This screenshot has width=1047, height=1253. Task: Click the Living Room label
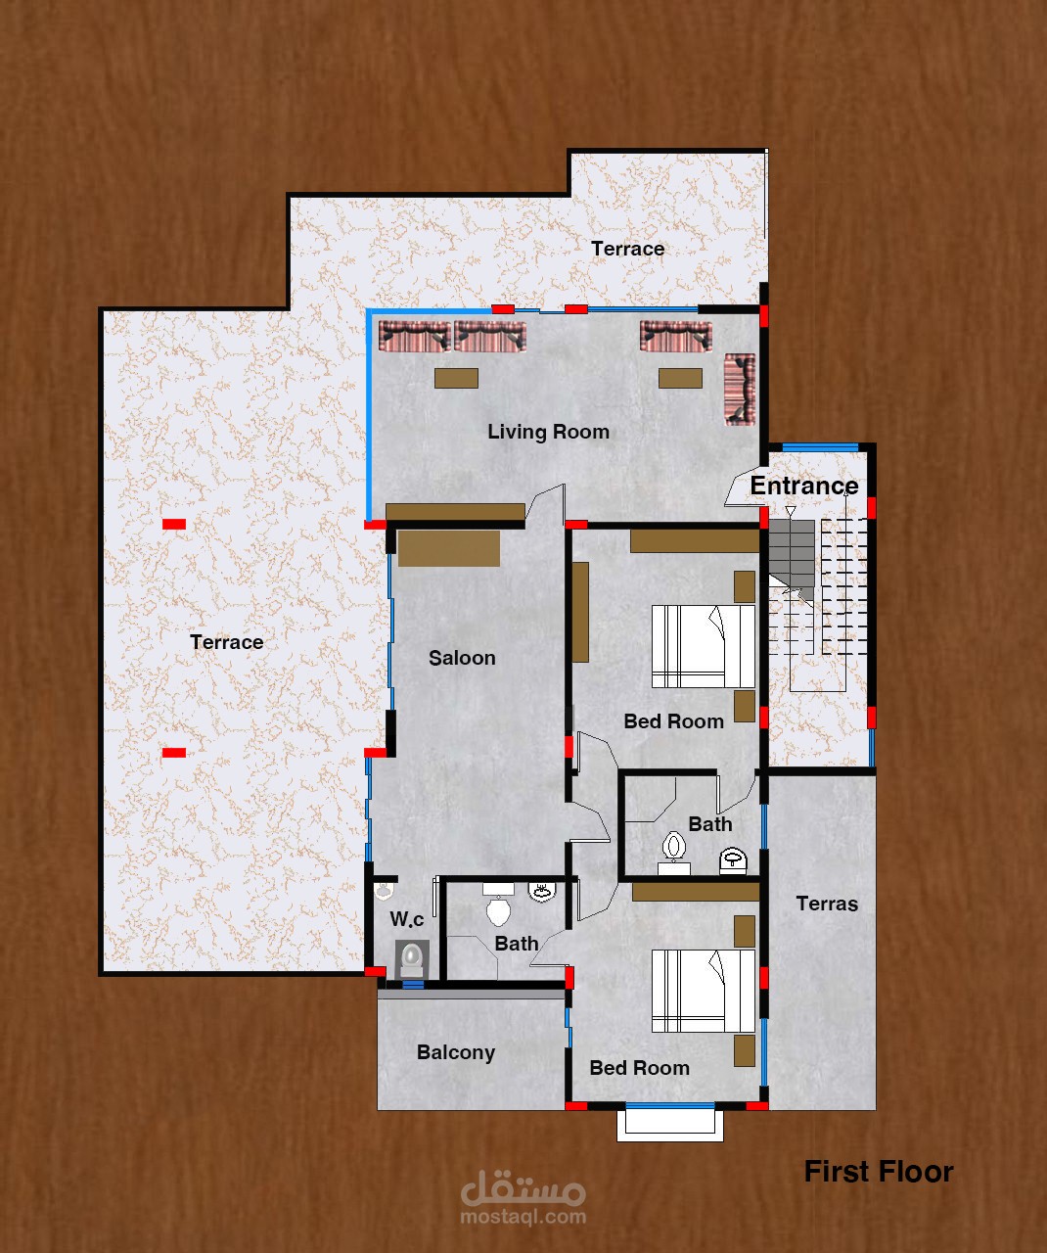tap(548, 432)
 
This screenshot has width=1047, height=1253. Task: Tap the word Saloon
tap(462, 658)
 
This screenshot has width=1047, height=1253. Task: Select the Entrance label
tap(804, 486)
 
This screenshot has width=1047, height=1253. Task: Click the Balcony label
tap(456, 1052)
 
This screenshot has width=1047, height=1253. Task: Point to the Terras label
tap(827, 904)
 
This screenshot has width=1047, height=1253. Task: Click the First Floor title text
tap(879, 1172)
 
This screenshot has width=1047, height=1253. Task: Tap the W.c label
tap(407, 919)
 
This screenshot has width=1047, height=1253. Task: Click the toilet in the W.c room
tap(412, 958)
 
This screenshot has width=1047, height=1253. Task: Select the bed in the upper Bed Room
tap(704, 646)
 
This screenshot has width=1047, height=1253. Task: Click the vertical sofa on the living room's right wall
tap(740, 390)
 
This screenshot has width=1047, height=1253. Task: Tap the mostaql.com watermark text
tap(523, 1217)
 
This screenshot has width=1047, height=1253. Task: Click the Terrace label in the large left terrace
tap(227, 642)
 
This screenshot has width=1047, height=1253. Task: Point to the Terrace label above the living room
tap(627, 249)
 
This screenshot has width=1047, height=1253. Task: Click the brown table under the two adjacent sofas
tap(456, 378)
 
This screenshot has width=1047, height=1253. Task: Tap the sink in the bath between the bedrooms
tap(733, 860)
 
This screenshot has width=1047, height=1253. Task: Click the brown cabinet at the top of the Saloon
tap(449, 548)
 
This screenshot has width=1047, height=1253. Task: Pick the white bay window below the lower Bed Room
tap(670, 1122)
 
